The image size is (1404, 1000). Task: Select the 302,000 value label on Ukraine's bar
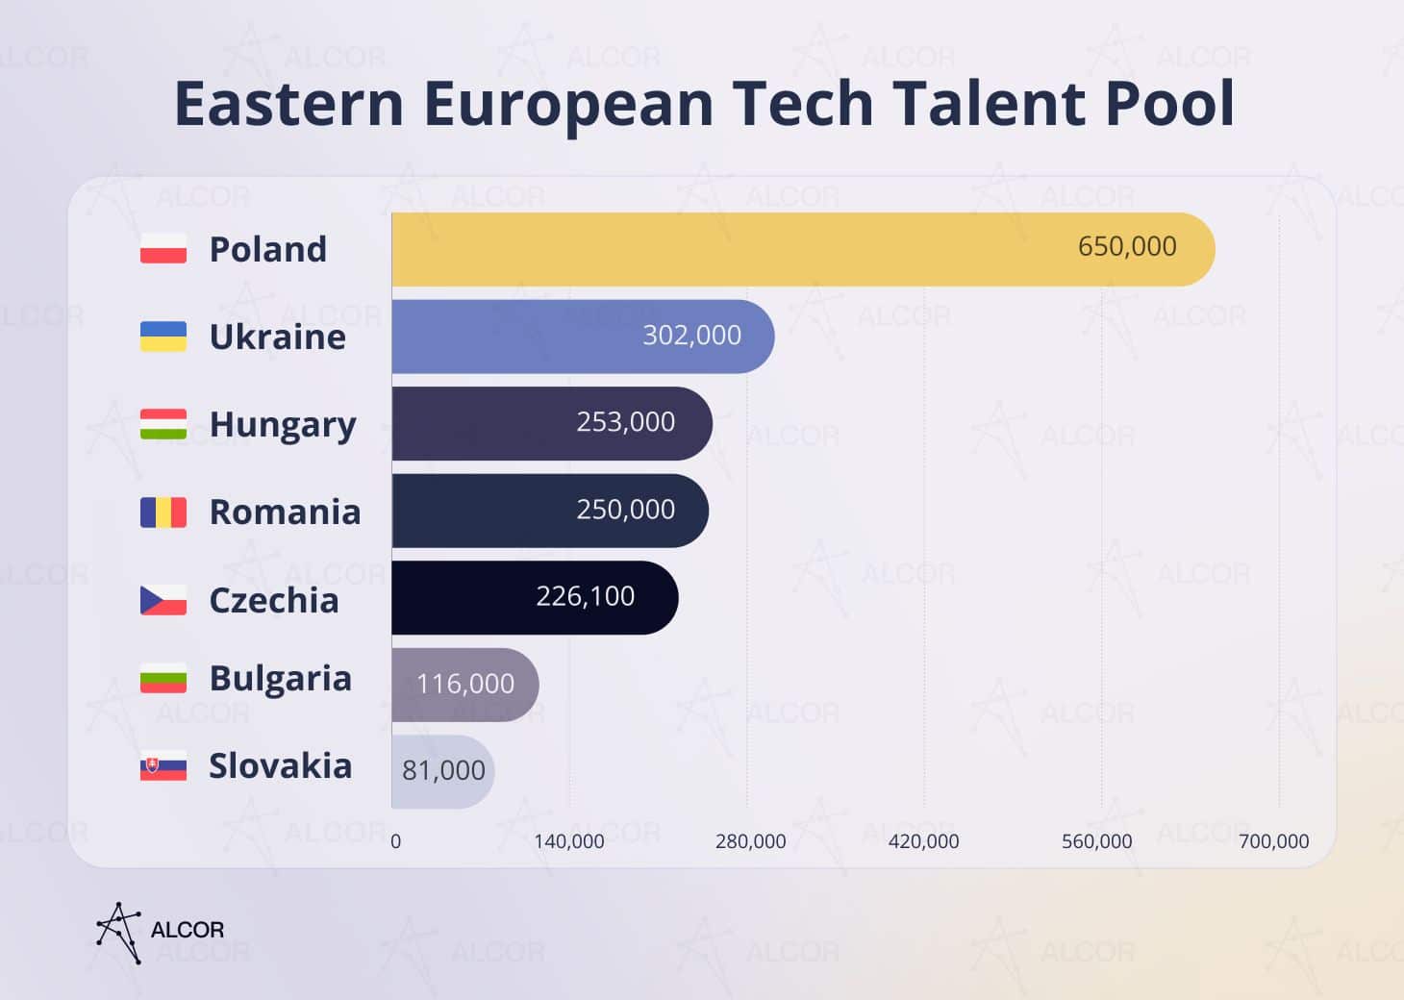coord(691,336)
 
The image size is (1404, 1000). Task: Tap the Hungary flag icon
coord(163,424)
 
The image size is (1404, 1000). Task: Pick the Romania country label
coord(285,512)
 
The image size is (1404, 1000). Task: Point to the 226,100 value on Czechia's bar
coord(585,597)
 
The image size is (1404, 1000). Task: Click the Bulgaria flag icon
coord(163,678)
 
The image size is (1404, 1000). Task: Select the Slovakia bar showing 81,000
coord(442,771)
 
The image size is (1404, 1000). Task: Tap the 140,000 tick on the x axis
coord(568,841)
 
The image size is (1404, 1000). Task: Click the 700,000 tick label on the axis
coord(1273,841)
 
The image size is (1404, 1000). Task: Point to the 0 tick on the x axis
coord(395,841)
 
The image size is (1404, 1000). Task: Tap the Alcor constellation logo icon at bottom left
coord(119,932)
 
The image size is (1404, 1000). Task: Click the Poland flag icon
coord(163,248)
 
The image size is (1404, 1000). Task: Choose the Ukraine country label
coord(277,337)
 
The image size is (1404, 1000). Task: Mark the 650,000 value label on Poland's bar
coord(1126,247)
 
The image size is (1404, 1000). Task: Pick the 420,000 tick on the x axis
coord(923,841)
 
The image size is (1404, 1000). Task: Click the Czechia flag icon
coord(163,600)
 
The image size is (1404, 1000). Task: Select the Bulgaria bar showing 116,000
coord(464,685)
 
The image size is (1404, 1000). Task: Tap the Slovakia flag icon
coord(163,766)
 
